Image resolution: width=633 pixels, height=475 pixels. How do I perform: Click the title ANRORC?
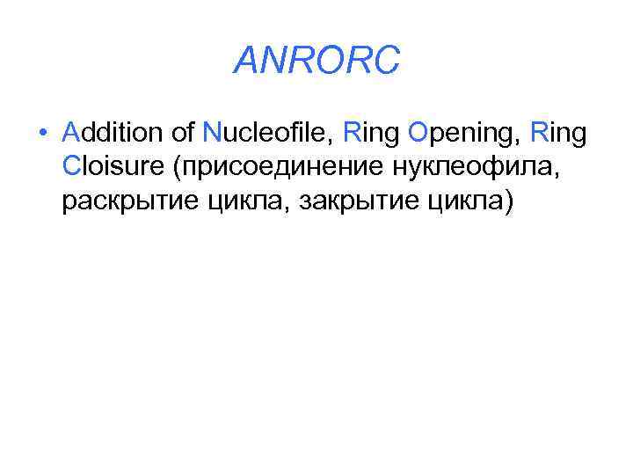click(317, 61)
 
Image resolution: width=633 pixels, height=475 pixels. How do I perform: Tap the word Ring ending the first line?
click(557, 134)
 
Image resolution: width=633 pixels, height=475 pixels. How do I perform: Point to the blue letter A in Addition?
click(73, 133)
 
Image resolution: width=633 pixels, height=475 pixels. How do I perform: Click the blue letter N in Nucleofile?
click(212, 133)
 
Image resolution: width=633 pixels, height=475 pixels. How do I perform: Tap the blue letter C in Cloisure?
click(73, 168)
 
